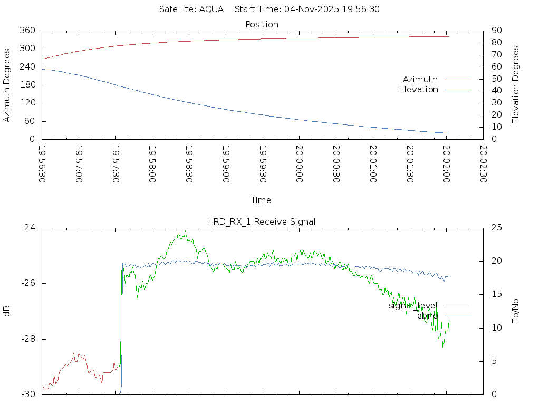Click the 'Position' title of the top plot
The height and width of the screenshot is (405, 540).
(262, 24)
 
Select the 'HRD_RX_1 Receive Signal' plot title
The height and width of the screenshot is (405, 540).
(262, 221)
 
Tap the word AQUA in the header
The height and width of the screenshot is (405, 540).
(211, 9)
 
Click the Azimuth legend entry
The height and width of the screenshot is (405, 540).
(420, 79)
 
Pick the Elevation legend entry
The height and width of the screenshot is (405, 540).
(418, 90)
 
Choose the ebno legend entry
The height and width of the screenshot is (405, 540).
(427, 315)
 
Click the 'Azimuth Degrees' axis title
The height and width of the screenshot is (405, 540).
(7, 85)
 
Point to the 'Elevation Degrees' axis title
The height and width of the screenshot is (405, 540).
(516, 85)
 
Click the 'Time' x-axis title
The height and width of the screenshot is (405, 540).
(261, 200)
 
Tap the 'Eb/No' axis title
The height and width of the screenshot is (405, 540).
(516, 311)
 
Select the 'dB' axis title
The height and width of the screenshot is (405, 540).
(7, 311)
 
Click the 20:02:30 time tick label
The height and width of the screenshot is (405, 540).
(483, 165)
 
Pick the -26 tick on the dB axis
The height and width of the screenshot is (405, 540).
(28, 283)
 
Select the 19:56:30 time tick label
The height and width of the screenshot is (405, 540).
(42, 165)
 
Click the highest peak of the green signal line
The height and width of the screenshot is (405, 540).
(186, 231)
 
